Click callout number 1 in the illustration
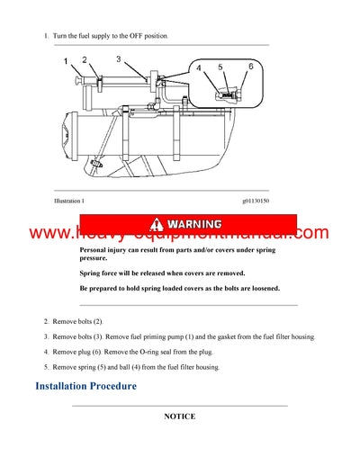[66, 62]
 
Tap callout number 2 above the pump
[84, 59]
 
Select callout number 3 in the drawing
[118, 58]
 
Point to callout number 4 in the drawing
[198, 67]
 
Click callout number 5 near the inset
[220, 67]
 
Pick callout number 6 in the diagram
[250, 67]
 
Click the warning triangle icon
[159, 223]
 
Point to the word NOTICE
[179, 417]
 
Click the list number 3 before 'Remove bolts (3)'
[46, 336]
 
